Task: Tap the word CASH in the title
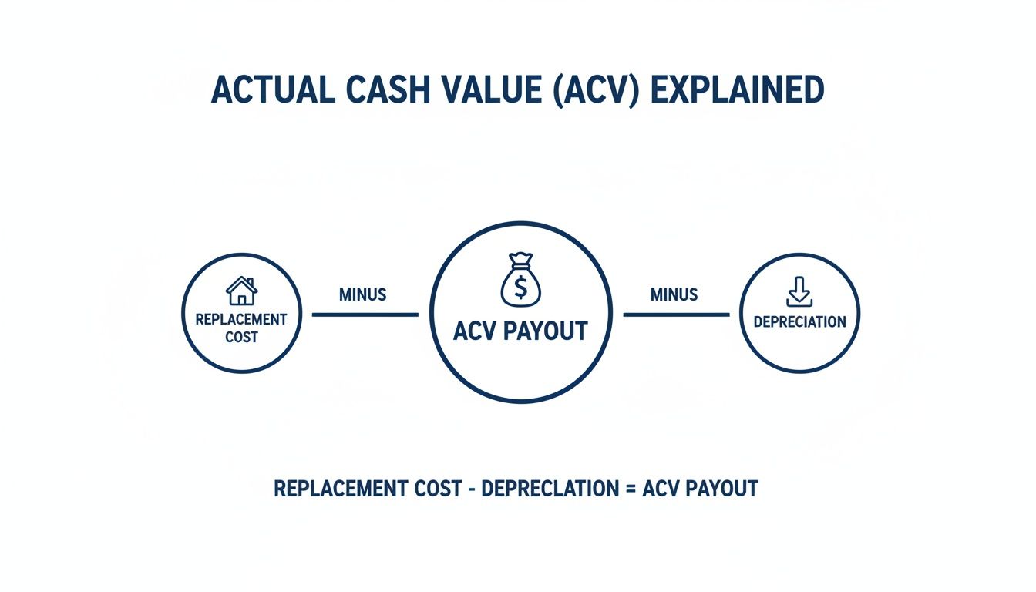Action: pyautogui.click(x=377, y=91)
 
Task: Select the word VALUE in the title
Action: pyautogui.click(x=486, y=91)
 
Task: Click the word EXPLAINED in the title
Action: pyautogui.click(x=738, y=91)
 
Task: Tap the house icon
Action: pyautogui.click(x=241, y=291)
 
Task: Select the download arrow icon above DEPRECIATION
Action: pyautogui.click(x=799, y=291)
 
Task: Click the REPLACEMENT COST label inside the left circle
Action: pyautogui.click(x=241, y=328)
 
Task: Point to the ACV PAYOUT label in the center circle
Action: pyautogui.click(x=520, y=331)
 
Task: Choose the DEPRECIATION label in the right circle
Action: pyautogui.click(x=799, y=321)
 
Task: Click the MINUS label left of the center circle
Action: pyautogui.click(x=362, y=294)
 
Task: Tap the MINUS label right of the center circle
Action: pyautogui.click(x=674, y=294)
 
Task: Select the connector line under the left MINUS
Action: pyautogui.click(x=365, y=314)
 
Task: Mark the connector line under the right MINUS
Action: pyautogui.click(x=676, y=314)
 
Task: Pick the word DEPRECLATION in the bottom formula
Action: pyautogui.click(x=550, y=489)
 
